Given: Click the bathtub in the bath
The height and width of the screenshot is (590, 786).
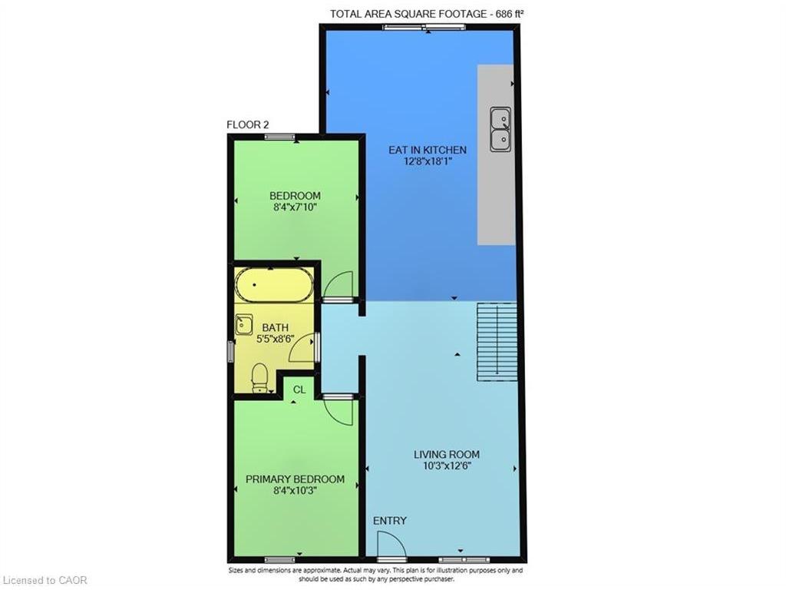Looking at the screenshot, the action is click(x=274, y=285).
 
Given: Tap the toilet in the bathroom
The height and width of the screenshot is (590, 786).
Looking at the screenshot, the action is click(x=259, y=378).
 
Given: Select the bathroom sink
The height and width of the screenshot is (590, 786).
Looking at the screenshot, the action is click(x=244, y=325).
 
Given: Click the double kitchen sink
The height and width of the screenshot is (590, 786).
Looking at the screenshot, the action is click(x=500, y=129).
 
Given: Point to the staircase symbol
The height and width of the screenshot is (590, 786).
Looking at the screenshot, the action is click(x=497, y=341).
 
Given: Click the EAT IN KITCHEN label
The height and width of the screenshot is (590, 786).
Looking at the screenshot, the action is click(x=428, y=150).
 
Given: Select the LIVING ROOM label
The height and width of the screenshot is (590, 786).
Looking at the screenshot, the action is click(x=447, y=455).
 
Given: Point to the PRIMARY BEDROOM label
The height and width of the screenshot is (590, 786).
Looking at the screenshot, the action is click(x=295, y=479).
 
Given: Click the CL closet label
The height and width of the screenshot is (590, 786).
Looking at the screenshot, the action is click(x=299, y=389).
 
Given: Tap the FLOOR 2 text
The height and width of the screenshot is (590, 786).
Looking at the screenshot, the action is click(x=248, y=124).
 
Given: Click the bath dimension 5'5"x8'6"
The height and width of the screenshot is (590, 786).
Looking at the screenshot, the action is click(x=276, y=339).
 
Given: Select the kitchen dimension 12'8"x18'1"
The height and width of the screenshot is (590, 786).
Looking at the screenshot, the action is click(x=428, y=162).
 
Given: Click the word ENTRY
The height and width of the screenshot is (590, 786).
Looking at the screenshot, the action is click(x=389, y=521).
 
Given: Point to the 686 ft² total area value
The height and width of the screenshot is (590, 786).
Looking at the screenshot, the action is click(x=510, y=14).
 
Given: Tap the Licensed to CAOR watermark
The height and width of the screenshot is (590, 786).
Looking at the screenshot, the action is click(x=45, y=581).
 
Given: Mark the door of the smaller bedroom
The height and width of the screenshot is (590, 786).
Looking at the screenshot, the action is click(x=338, y=287).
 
